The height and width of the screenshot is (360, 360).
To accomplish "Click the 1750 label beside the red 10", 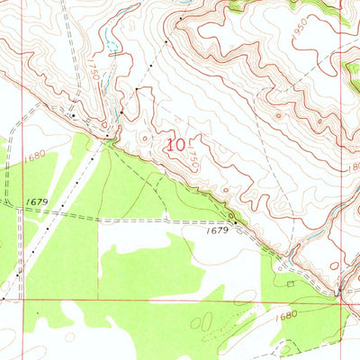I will click(192, 158).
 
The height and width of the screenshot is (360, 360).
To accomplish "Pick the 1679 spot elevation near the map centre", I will click(216, 231).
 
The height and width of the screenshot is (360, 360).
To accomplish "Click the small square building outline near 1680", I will click(290, 283).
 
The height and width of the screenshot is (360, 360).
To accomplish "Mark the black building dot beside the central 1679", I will click(233, 221).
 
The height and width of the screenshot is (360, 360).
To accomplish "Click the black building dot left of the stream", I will click(73, 114).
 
